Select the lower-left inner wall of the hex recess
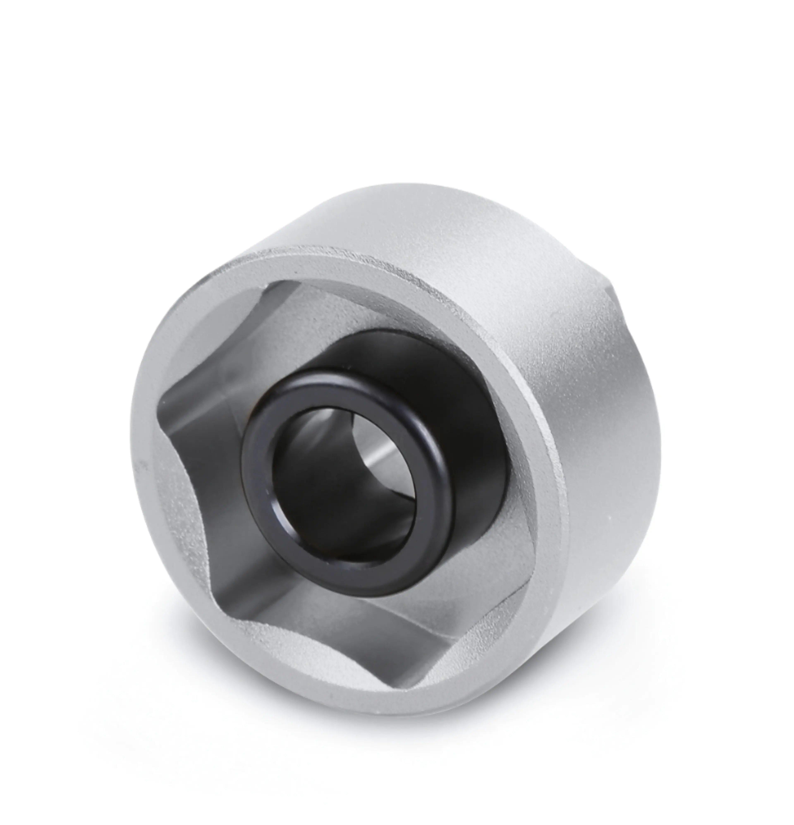click(202, 526)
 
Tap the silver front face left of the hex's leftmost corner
click(143, 421)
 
